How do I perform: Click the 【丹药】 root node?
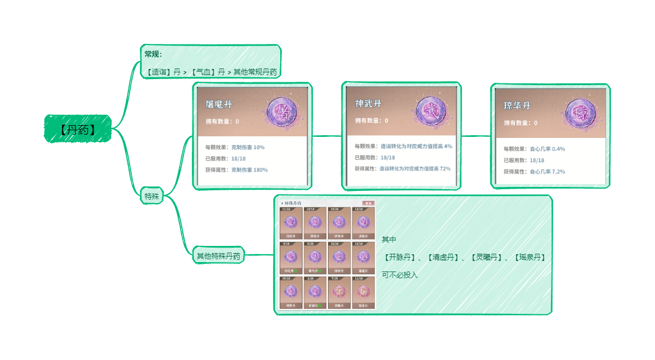tap(78, 129)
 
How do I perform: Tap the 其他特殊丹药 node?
tap(218, 256)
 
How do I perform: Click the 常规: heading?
tap(153, 54)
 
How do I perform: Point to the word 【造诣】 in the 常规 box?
tap(157, 72)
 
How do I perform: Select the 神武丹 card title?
tap(368, 103)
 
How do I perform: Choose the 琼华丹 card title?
tap(517, 105)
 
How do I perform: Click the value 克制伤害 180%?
tap(249, 170)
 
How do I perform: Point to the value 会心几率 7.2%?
tap(547, 171)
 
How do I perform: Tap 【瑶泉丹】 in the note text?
tap(529, 257)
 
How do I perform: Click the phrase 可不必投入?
tap(399, 275)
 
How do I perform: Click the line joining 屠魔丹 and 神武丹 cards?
tap(326, 136)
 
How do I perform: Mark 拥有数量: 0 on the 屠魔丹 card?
tap(222, 121)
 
